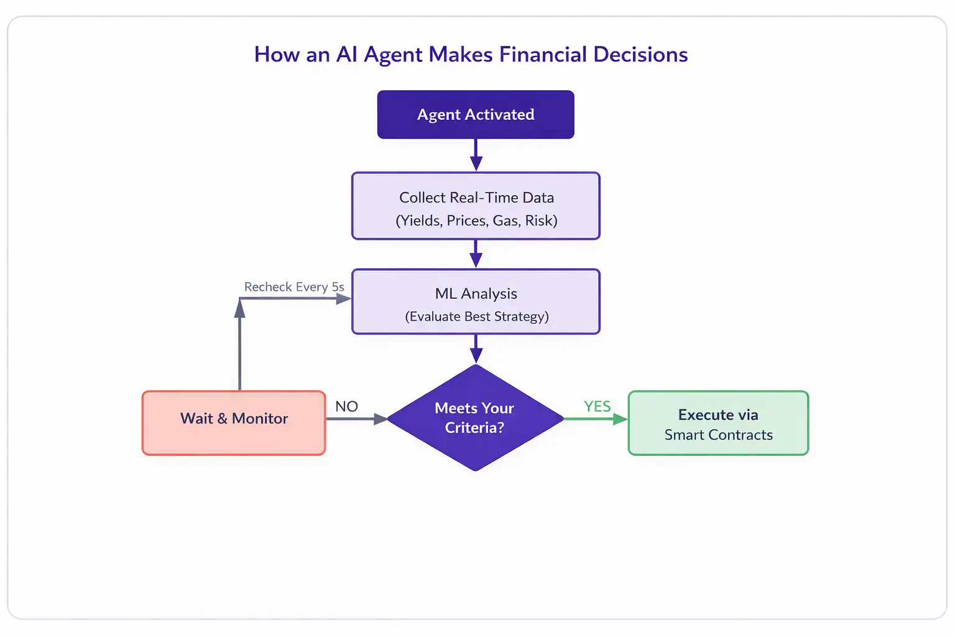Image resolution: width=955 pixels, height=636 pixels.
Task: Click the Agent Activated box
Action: pos(476,114)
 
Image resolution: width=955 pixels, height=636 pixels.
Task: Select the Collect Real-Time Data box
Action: pos(476,206)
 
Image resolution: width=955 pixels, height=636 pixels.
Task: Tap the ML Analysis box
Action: pos(476,301)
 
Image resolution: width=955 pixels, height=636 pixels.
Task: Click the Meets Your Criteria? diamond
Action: pos(475,417)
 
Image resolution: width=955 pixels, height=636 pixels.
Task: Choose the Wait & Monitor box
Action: pos(234,422)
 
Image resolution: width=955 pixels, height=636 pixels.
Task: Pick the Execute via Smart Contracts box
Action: pos(718,423)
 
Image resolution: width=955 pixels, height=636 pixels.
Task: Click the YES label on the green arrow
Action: pos(597,406)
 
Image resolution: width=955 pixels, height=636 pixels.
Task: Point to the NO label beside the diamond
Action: pos(346,406)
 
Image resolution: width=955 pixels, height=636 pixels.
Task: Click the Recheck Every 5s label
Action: pos(294,287)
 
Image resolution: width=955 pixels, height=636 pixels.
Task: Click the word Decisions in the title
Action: pos(640,55)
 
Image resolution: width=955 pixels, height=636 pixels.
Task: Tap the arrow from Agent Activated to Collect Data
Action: pos(476,155)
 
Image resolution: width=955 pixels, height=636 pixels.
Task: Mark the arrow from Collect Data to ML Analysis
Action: pos(476,254)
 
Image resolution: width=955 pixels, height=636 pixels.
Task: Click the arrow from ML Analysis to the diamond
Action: pos(476,349)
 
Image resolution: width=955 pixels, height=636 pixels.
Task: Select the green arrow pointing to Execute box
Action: pos(596,419)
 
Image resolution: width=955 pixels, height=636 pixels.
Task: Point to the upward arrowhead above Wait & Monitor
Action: pos(239,309)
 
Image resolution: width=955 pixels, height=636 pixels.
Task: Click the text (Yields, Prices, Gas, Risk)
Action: pos(476,220)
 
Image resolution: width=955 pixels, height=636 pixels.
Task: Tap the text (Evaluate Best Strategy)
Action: pos(477,316)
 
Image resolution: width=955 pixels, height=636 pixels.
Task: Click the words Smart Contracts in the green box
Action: pos(718,435)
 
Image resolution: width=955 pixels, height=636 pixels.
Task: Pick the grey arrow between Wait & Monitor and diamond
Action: pos(356,419)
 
